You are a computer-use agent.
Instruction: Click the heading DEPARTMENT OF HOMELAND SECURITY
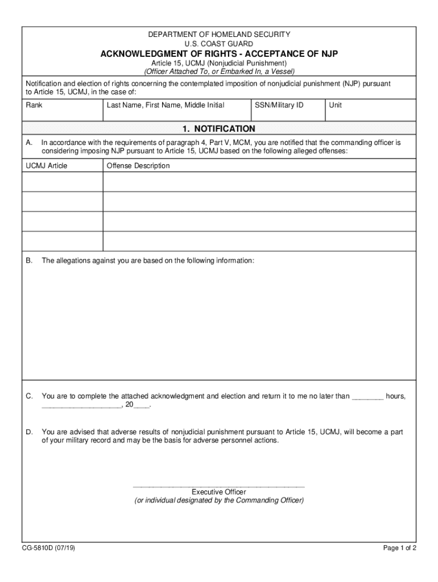219,35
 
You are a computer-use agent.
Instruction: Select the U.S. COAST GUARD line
219,44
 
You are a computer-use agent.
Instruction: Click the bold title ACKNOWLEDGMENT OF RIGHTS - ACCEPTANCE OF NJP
219,54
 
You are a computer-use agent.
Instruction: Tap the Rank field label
34,105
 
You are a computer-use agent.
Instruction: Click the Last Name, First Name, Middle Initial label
165,105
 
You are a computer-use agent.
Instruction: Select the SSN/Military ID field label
275,105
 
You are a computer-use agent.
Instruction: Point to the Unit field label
335,105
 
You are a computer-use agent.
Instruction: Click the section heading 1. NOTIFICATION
219,129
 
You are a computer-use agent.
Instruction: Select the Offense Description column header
138,166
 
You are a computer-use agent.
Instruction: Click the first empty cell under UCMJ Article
63,182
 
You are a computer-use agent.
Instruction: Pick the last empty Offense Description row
259,241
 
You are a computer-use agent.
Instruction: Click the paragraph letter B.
28,260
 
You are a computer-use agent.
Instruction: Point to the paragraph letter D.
28,432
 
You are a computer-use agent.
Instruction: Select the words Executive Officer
219,492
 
